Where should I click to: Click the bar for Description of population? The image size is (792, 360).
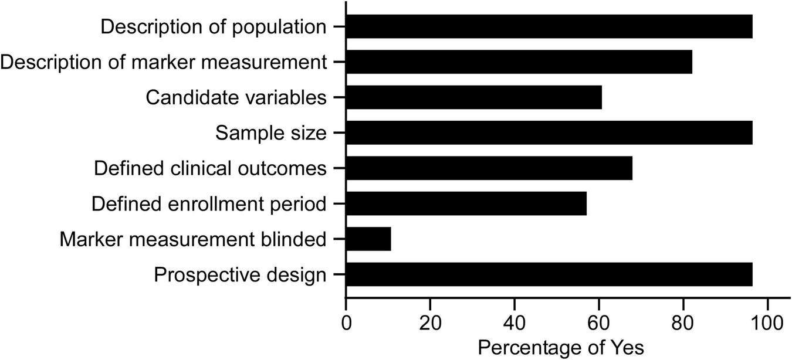coord(549,26)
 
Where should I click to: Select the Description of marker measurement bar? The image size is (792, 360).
coord(519,62)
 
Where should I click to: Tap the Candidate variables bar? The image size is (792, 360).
coord(474,97)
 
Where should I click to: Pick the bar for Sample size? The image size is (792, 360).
coord(549,133)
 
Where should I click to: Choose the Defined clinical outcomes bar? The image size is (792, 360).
coord(489,168)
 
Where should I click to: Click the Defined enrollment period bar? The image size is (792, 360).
coord(466,203)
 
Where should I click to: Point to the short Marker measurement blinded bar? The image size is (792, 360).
coord(368,239)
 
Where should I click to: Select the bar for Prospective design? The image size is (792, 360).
coord(549,274)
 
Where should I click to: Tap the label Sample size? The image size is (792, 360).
coord(270,133)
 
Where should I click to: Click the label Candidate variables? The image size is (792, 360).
coord(236,97)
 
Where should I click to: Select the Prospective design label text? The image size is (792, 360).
coord(239,274)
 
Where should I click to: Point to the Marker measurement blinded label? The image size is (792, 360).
coord(192,239)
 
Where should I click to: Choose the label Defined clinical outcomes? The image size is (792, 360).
coord(209,168)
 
